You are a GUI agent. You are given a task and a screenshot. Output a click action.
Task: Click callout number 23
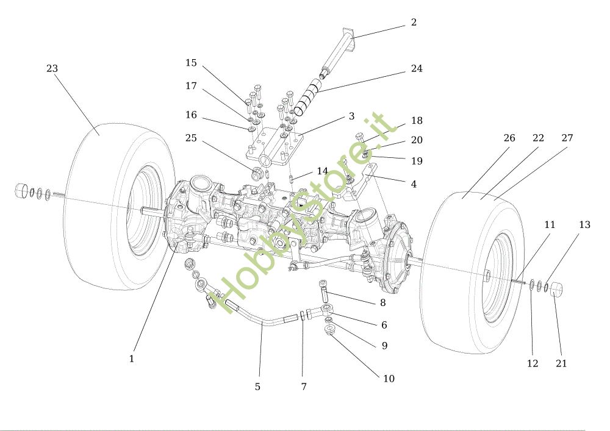pyautogui.click(x=52, y=68)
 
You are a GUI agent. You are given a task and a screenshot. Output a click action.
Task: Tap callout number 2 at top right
pyautogui.click(x=414, y=22)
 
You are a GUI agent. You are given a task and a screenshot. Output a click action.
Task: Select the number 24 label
pyautogui.click(x=417, y=68)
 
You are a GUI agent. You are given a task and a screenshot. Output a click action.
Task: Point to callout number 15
pyautogui.click(x=191, y=63)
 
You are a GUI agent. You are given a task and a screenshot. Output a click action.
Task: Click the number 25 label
pyautogui.click(x=191, y=138)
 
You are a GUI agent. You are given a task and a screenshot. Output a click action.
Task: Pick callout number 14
pyautogui.click(x=322, y=171)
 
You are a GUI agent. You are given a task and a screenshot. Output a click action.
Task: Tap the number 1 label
pyautogui.click(x=132, y=358)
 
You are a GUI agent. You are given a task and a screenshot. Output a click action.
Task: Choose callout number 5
pyautogui.click(x=257, y=386)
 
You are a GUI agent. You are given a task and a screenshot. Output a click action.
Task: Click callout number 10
pyautogui.click(x=389, y=379)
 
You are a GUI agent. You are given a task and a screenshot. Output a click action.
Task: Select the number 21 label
pyautogui.click(x=561, y=363)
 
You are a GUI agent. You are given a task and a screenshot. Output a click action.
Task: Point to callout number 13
pyautogui.click(x=584, y=224)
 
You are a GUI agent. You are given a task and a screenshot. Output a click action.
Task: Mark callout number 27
pyautogui.click(x=567, y=138)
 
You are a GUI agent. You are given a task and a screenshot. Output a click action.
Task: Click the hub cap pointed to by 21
pyautogui.click(x=558, y=288)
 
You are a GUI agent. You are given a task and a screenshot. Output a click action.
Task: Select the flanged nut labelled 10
pyautogui.click(x=330, y=331)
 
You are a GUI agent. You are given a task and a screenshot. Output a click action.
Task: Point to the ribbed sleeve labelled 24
pyautogui.click(x=307, y=97)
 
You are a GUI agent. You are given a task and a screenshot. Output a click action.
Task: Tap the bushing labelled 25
pyautogui.click(x=256, y=173)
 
